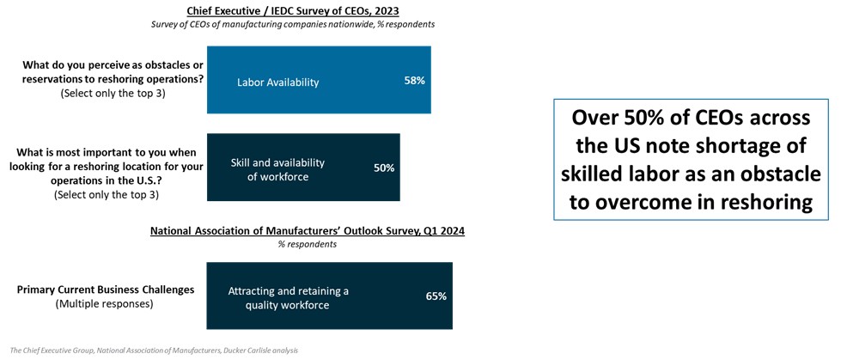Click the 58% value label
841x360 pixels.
[414, 81]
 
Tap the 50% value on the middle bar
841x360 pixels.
[383, 168]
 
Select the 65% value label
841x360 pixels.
[436, 296]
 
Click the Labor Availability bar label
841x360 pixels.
[277, 82]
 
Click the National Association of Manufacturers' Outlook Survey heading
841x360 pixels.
[307, 231]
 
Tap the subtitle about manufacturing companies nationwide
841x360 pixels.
[293, 24]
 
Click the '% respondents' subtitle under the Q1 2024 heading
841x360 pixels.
[307, 244]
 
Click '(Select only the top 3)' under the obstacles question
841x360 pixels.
[113, 93]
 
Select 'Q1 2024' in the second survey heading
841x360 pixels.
[440, 231]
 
